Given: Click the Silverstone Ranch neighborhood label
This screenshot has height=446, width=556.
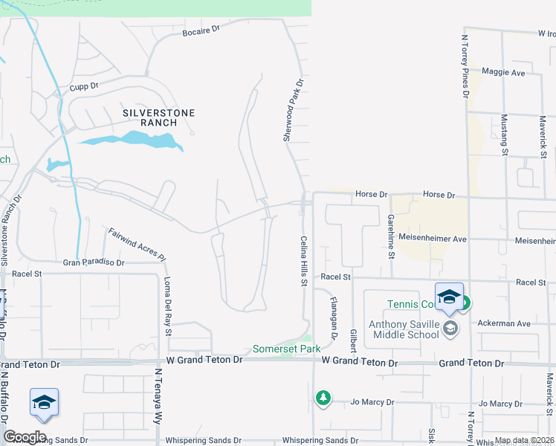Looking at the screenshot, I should [x=158, y=117].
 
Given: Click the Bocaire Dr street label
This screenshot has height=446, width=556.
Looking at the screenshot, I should [x=201, y=29].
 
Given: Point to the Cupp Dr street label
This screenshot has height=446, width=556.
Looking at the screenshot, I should [x=84, y=86].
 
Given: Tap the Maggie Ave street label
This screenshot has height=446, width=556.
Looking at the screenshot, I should [x=503, y=73].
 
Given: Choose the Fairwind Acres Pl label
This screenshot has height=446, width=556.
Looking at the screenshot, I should [x=135, y=243].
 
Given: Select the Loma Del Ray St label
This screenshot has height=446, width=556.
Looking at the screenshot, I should [x=167, y=306].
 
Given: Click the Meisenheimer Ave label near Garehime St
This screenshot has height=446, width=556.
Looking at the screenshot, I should [x=432, y=239].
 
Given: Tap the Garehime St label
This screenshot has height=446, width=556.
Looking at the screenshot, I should [x=390, y=236].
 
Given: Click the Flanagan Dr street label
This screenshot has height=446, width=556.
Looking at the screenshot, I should [x=334, y=312].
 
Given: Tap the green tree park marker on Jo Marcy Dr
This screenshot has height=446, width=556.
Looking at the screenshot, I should [x=323, y=398].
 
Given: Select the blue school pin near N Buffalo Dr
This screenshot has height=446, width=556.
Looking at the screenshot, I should [x=44, y=402].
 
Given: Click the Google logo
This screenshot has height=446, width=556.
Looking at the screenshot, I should [x=25, y=437].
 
